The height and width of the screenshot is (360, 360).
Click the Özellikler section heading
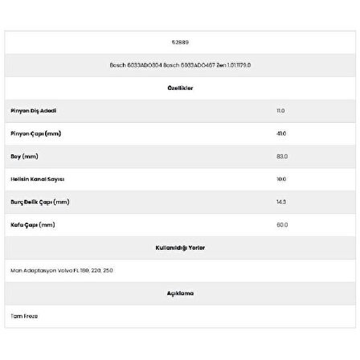tap(180, 88)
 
